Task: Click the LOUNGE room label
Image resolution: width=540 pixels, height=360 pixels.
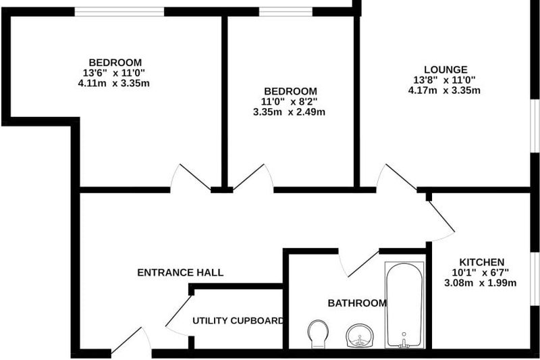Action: tap(446, 70)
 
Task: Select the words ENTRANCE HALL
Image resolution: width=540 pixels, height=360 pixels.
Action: tap(180, 272)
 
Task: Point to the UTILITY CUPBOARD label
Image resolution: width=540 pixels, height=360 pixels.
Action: tap(238, 321)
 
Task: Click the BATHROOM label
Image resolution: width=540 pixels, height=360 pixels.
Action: tap(357, 303)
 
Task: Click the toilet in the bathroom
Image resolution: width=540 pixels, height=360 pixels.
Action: tap(317, 334)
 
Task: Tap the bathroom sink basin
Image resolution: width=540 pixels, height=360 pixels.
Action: tap(360, 336)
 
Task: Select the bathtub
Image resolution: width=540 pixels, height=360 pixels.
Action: tap(404, 305)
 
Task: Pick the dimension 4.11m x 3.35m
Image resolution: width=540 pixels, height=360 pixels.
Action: tap(114, 83)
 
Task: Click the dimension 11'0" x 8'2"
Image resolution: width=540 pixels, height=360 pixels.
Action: tap(290, 102)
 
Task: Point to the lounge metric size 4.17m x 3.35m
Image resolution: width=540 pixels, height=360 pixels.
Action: tap(444, 91)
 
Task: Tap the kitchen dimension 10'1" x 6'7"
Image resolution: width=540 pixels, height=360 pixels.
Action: tap(481, 273)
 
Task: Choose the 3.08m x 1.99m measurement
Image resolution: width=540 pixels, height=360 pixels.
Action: tap(481, 283)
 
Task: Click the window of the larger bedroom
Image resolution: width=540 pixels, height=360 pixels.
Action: tap(119, 11)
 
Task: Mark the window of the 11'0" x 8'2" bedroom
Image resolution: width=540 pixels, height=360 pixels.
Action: tap(286, 11)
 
